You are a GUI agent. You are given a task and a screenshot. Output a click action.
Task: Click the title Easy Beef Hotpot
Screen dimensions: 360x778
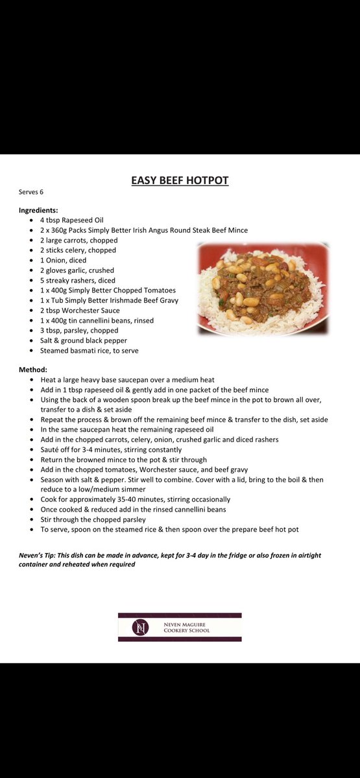point(180,180)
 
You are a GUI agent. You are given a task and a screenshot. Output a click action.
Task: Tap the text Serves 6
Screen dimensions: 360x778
point(31,193)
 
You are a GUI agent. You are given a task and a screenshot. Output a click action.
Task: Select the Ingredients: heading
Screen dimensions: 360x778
point(38,210)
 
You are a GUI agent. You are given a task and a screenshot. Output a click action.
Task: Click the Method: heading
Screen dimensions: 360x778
point(33,370)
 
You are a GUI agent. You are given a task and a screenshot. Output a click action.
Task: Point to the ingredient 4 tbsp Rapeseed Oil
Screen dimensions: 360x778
point(71,220)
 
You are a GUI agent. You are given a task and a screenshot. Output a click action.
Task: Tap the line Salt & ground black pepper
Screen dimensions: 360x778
point(84,340)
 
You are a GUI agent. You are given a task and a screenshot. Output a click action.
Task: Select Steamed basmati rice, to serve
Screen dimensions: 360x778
point(89,351)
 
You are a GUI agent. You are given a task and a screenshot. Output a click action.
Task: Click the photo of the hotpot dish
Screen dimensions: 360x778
point(263,289)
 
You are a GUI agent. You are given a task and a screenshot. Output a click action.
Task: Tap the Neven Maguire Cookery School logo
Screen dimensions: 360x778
point(180,627)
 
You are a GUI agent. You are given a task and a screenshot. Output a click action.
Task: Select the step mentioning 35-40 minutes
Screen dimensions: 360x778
point(135,499)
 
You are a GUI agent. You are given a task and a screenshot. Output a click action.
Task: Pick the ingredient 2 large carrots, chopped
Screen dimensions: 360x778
point(78,240)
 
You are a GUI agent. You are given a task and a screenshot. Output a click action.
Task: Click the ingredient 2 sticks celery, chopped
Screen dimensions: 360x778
point(78,250)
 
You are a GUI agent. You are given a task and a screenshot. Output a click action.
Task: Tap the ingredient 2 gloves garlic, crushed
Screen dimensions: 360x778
point(77,270)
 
